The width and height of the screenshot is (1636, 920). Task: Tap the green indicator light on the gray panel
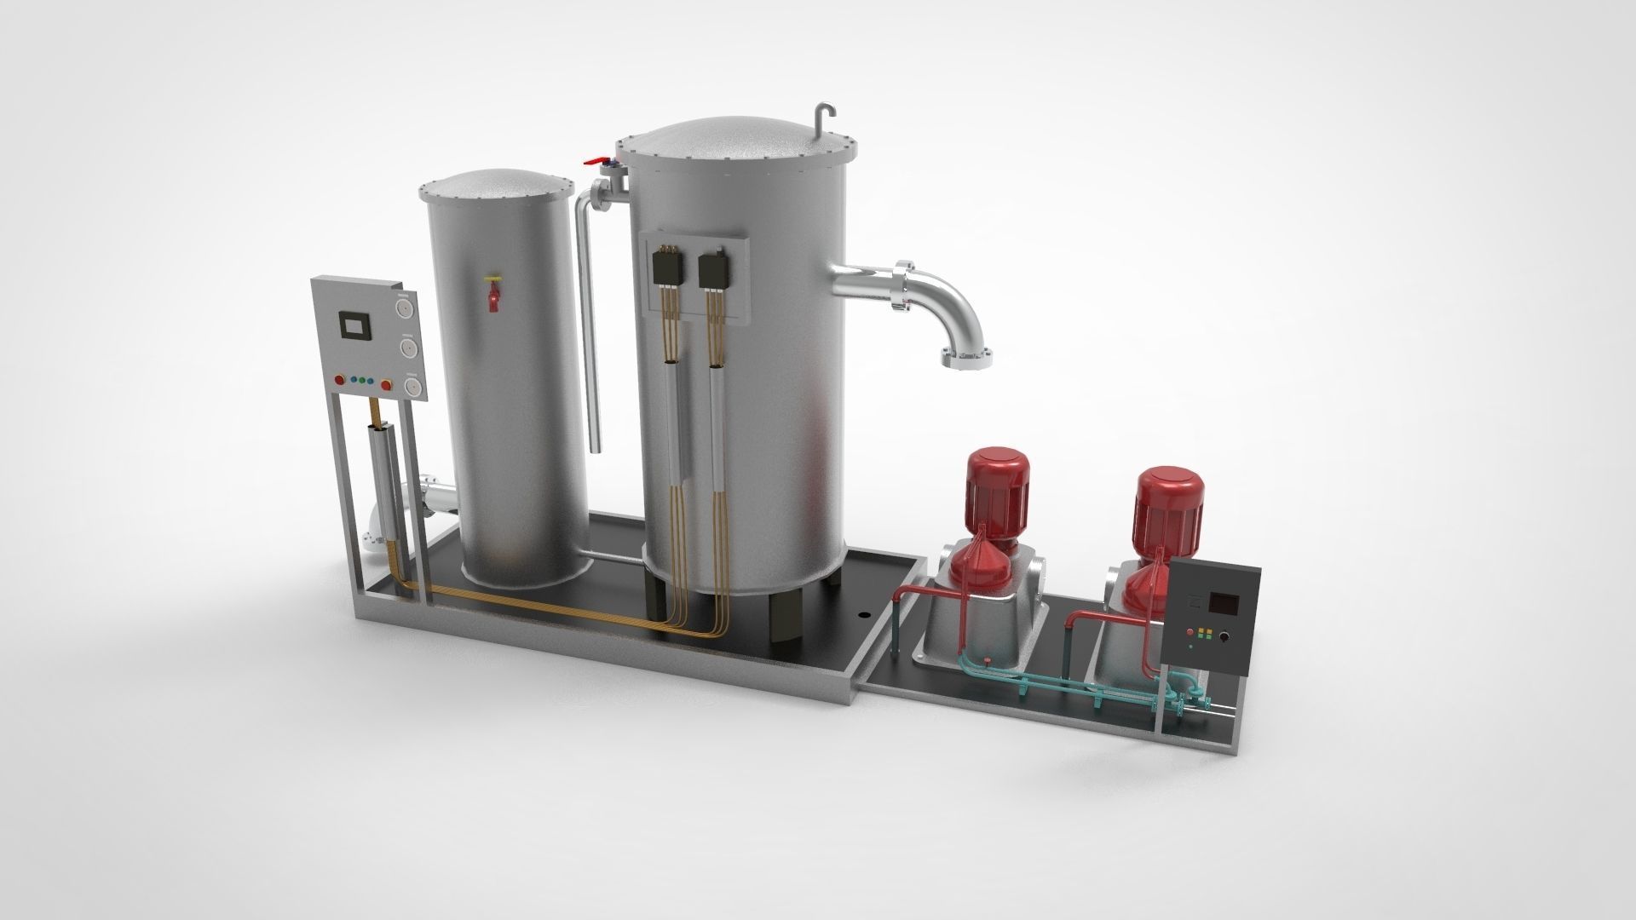(363, 381)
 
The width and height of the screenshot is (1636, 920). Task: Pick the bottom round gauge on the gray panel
(412, 387)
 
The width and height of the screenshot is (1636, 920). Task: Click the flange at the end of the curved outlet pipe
(968, 357)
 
